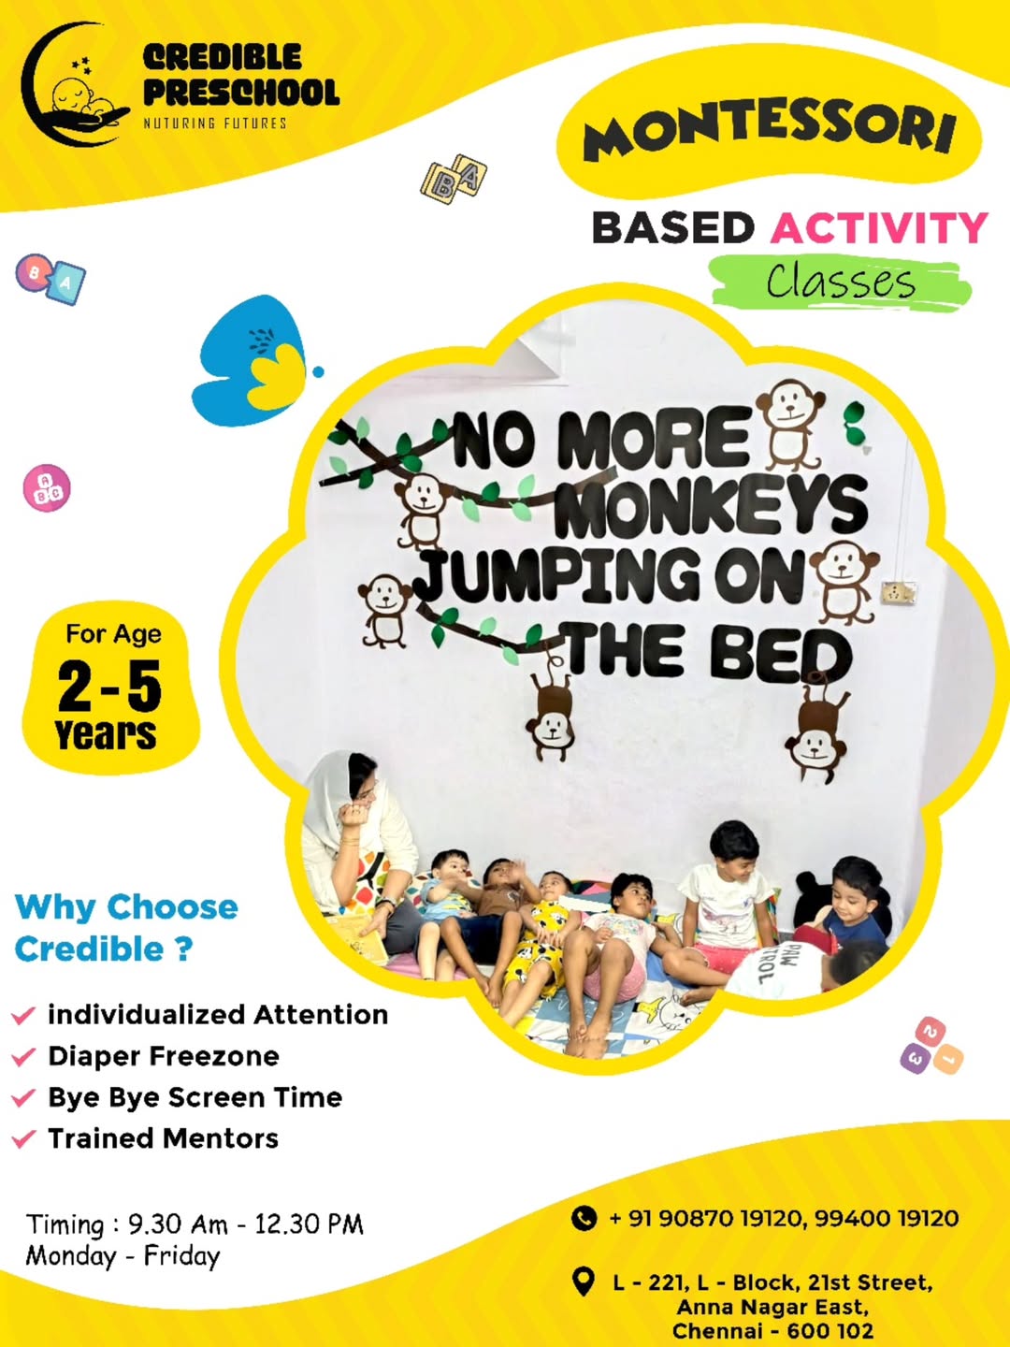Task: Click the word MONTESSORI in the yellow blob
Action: click(x=769, y=130)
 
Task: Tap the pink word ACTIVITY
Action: click(x=879, y=228)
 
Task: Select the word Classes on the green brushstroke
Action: click(x=840, y=282)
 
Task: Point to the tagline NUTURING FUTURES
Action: click(x=215, y=123)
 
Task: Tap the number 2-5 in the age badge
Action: click(x=109, y=687)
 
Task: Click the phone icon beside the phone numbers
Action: click(x=584, y=1218)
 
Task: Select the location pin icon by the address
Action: click(x=584, y=1282)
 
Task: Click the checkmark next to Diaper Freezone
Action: click(x=23, y=1057)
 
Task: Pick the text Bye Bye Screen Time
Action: click(x=195, y=1097)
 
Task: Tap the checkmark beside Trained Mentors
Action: click(x=23, y=1138)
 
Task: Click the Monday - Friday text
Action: click(x=123, y=1256)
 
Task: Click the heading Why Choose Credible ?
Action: click(x=126, y=928)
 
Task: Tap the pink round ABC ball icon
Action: click(x=47, y=487)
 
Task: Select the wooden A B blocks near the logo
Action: click(x=454, y=179)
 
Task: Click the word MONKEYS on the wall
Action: click(x=711, y=506)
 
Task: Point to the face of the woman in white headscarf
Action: click(x=363, y=786)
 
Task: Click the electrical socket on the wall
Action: click(x=898, y=592)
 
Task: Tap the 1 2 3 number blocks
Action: click(x=931, y=1046)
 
